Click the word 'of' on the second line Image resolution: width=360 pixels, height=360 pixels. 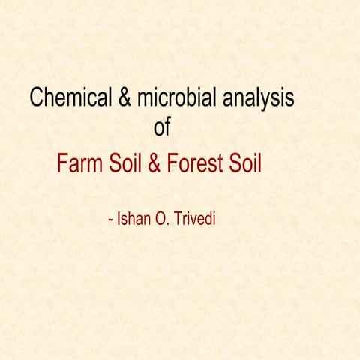[162, 127]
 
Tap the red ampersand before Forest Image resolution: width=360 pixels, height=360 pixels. [154, 164]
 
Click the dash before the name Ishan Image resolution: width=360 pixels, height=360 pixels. [111, 221]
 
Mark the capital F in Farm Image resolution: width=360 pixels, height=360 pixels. [62, 164]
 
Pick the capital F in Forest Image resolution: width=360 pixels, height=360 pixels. [170, 164]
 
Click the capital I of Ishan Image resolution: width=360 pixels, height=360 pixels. [118, 220]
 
